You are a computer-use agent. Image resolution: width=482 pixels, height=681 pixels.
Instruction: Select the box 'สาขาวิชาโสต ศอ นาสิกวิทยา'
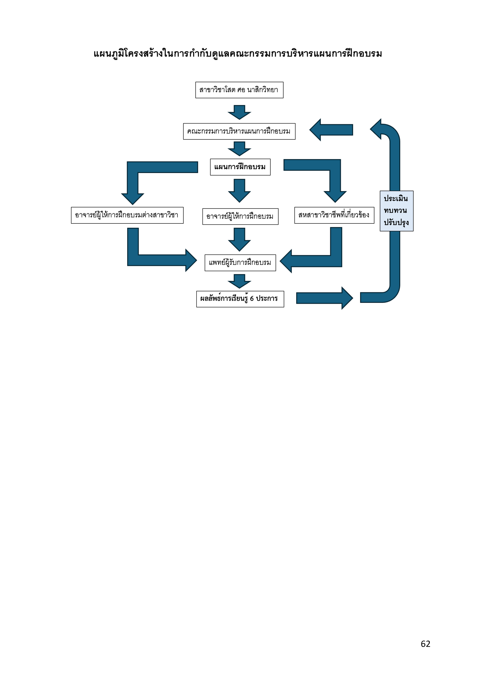point(239,90)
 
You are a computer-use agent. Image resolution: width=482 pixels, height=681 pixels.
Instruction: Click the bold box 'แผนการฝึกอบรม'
point(240,167)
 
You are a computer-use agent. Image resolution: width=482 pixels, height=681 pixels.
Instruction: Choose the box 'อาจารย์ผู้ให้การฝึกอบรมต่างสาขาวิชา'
point(127,215)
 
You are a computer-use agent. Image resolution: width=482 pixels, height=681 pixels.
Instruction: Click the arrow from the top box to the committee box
point(239,112)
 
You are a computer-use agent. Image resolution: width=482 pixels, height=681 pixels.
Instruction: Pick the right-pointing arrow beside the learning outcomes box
point(325,298)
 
